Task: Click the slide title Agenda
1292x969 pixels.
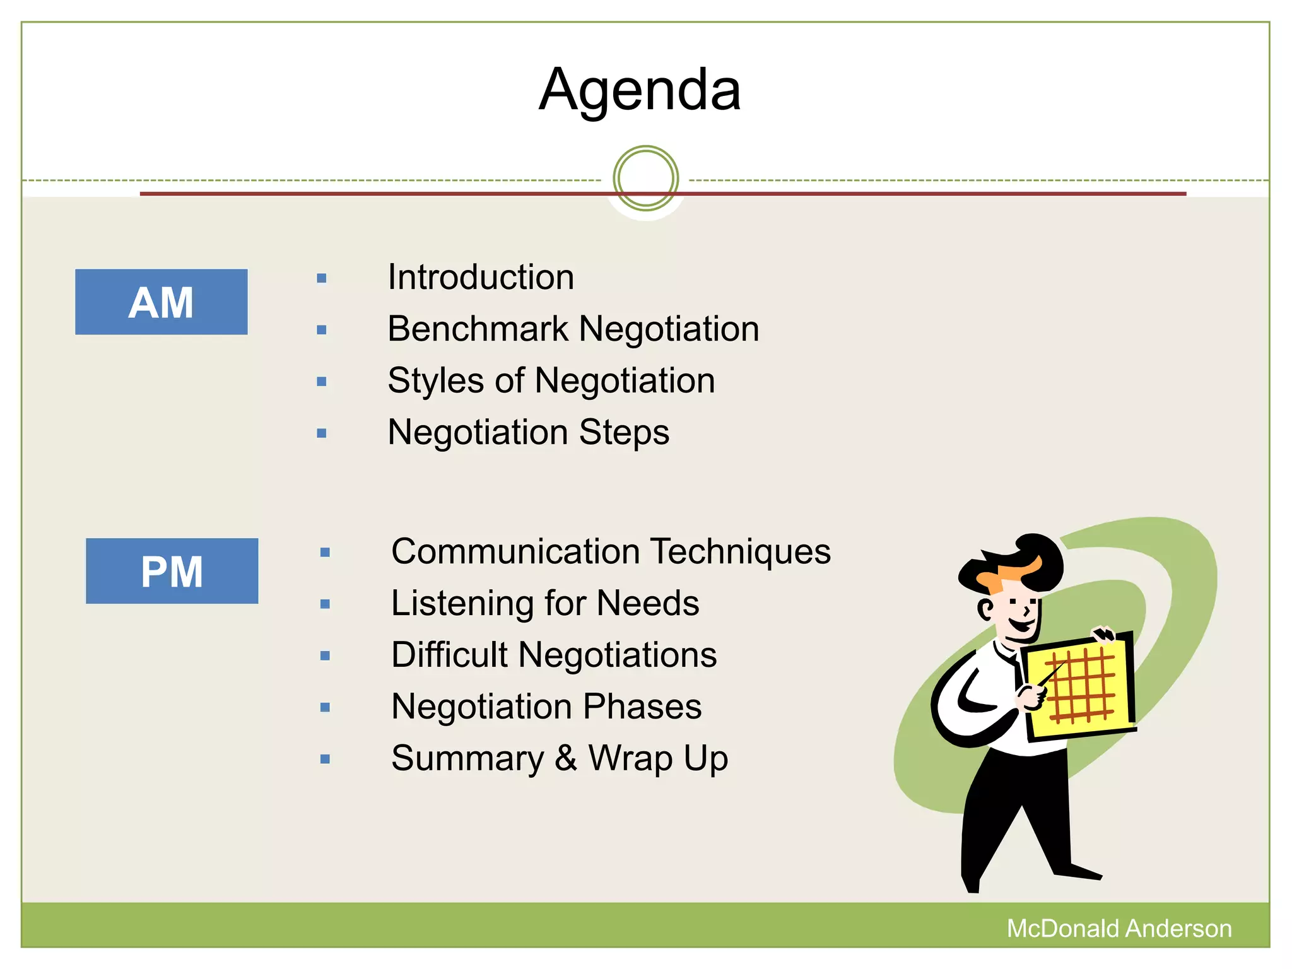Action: pyautogui.click(x=640, y=90)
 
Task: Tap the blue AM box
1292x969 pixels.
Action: pyautogui.click(x=161, y=302)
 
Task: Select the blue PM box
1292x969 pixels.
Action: pyautogui.click(x=172, y=571)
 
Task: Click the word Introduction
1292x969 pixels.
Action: pyautogui.click(x=481, y=278)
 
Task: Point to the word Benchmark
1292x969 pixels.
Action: pyautogui.click(x=478, y=329)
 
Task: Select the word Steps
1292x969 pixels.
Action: pyautogui.click(x=624, y=433)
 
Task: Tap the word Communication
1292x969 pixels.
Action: pyautogui.click(x=515, y=552)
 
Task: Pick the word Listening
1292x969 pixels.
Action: pyautogui.click(x=462, y=604)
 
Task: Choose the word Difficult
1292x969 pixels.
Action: pyautogui.click(x=449, y=655)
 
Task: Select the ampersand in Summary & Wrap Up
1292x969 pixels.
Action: pyautogui.click(x=566, y=758)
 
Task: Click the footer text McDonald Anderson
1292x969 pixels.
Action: pyautogui.click(x=1119, y=929)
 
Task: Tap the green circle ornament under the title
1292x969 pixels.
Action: pyautogui.click(x=645, y=179)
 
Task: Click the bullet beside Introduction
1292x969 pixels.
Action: pyautogui.click(x=322, y=278)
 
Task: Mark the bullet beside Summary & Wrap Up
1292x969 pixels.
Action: pyautogui.click(x=325, y=759)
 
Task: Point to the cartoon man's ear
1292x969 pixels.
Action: pyautogui.click(x=985, y=609)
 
